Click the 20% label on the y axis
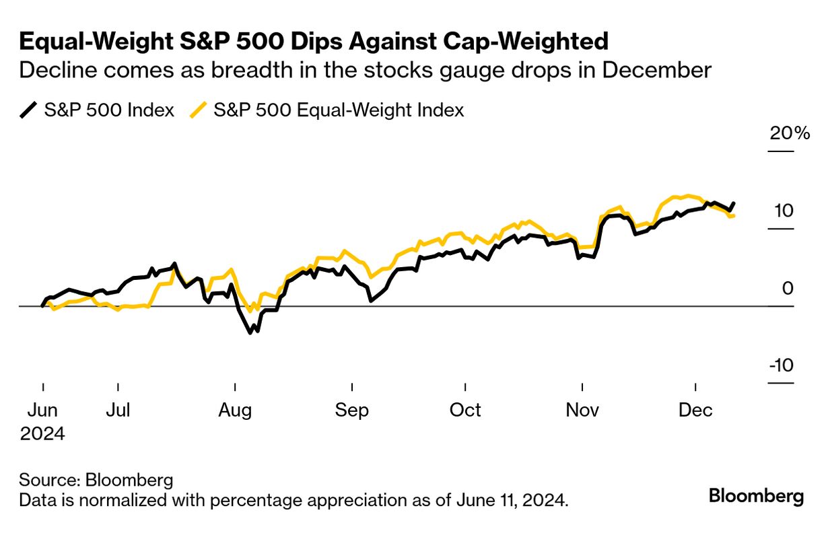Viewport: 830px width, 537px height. [790, 133]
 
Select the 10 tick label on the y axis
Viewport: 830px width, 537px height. [783, 211]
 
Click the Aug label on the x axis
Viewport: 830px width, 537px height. [235, 410]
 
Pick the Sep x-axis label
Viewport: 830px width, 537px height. [351, 410]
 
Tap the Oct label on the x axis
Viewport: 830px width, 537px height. [464, 410]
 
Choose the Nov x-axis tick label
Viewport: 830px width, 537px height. [582, 410]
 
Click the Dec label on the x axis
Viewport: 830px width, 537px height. [695, 410]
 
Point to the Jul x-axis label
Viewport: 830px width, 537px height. [118, 410]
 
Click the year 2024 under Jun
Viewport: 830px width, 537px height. [42, 433]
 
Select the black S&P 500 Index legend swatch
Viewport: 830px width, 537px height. [28, 110]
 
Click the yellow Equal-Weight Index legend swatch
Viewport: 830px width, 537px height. [198, 110]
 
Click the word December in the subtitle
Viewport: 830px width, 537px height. [658, 71]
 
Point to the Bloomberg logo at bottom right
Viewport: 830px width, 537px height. [756, 497]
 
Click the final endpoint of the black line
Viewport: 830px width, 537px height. [734, 203]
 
